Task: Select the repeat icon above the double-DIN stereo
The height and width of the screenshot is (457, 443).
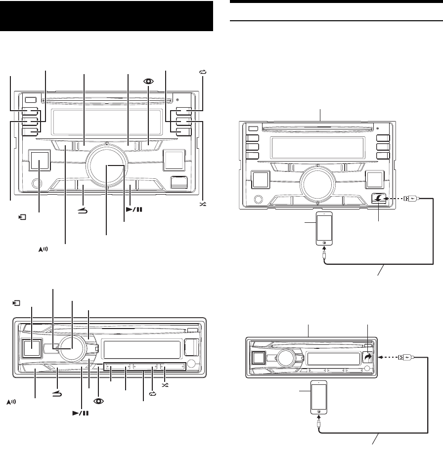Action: (202, 72)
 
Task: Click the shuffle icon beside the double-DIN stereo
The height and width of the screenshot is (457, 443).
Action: (202, 204)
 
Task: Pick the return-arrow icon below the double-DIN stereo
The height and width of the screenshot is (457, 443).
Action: (83, 210)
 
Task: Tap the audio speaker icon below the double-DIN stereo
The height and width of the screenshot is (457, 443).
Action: (44, 251)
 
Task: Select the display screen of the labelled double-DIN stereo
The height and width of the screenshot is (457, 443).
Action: (107, 119)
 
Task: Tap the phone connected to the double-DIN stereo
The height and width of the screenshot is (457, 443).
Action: (323, 229)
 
